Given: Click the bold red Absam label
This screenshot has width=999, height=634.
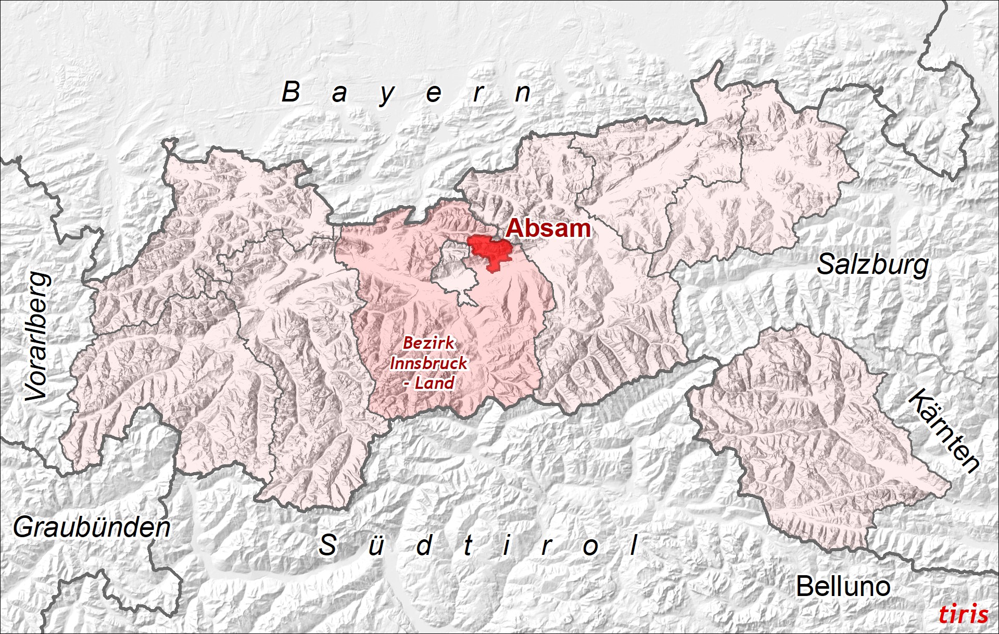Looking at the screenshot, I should pyautogui.click(x=548, y=228).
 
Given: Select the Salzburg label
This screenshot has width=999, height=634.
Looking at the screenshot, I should pyautogui.click(x=872, y=264).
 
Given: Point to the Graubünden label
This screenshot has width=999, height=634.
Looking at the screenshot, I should pyautogui.click(x=92, y=527).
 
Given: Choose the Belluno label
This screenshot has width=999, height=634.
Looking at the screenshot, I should pyautogui.click(x=843, y=587).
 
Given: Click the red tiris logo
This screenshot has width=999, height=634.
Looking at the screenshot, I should pyautogui.click(x=963, y=614).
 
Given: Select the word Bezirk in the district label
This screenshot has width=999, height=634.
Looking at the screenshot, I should pyautogui.click(x=429, y=343).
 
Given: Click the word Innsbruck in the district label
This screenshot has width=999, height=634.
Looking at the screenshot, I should pyautogui.click(x=428, y=363).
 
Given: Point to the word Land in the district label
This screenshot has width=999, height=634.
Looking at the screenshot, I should pyautogui.click(x=435, y=383).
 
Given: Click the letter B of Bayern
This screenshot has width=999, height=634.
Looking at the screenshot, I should pyautogui.click(x=291, y=92).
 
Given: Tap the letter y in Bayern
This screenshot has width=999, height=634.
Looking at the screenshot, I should pyautogui.click(x=387, y=95).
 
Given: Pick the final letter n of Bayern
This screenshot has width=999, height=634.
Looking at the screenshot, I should pyautogui.click(x=523, y=94).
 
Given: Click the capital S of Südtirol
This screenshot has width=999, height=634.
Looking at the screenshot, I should pyautogui.click(x=327, y=545).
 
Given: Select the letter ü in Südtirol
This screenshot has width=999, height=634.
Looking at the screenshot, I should pyautogui.click(x=376, y=546).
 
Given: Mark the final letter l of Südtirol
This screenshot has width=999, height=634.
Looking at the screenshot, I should pyautogui.click(x=634, y=545).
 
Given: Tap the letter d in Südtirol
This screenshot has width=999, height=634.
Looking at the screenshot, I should pyautogui.click(x=425, y=545).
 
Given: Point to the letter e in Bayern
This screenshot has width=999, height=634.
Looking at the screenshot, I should pyautogui.click(x=434, y=94).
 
